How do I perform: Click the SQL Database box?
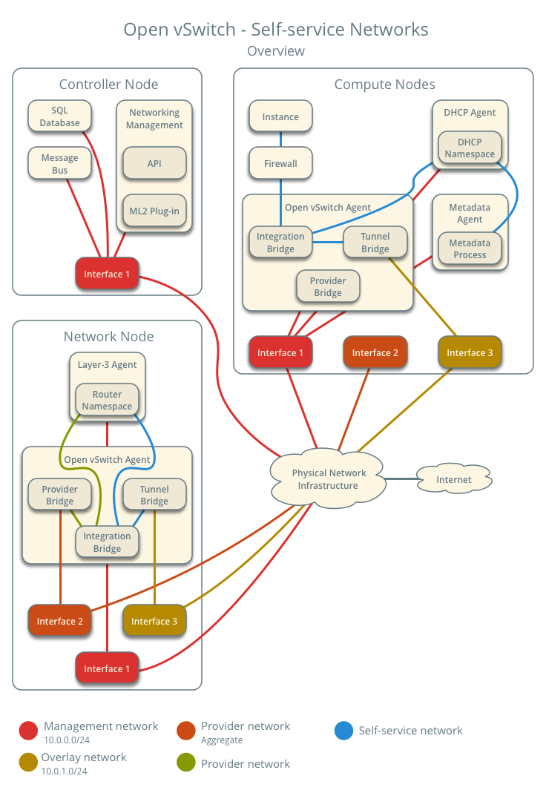coord(59,116)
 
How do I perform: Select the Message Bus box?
coord(59,164)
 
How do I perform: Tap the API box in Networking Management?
coord(154,163)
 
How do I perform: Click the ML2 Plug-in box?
coord(154,211)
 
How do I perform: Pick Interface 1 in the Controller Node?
coord(107,274)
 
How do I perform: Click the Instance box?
coord(280,116)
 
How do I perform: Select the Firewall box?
coord(280,163)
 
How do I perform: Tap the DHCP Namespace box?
coord(470,148)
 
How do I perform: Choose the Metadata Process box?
coord(470,249)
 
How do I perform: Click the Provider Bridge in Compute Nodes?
coord(327,286)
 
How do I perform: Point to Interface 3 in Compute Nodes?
coord(470,352)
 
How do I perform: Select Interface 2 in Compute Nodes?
coord(375,352)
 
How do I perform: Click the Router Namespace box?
coord(107,400)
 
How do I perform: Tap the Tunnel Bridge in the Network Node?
coord(154,495)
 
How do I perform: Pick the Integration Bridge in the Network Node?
coord(107,542)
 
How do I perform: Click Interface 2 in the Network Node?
coord(59,621)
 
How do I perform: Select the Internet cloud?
coord(453,480)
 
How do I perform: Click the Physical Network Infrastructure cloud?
coord(328,479)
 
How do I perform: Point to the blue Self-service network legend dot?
coord(343,731)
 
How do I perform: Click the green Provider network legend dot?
coord(186,763)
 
